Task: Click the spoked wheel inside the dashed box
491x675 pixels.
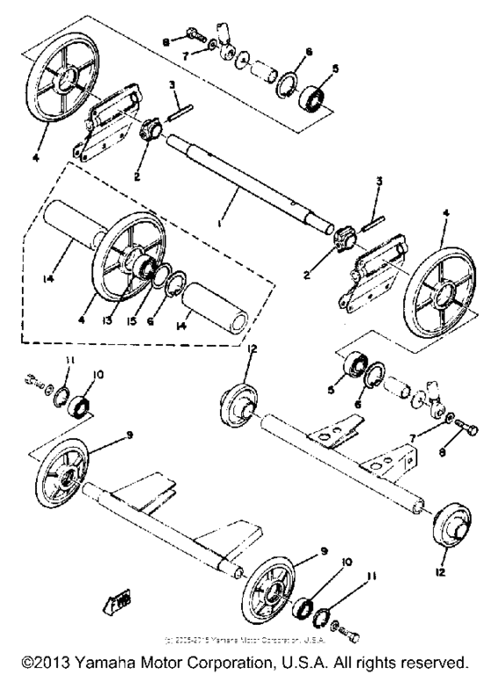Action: point(132,255)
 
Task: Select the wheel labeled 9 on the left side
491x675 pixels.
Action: point(63,474)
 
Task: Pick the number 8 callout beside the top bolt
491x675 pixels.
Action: point(167,39)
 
